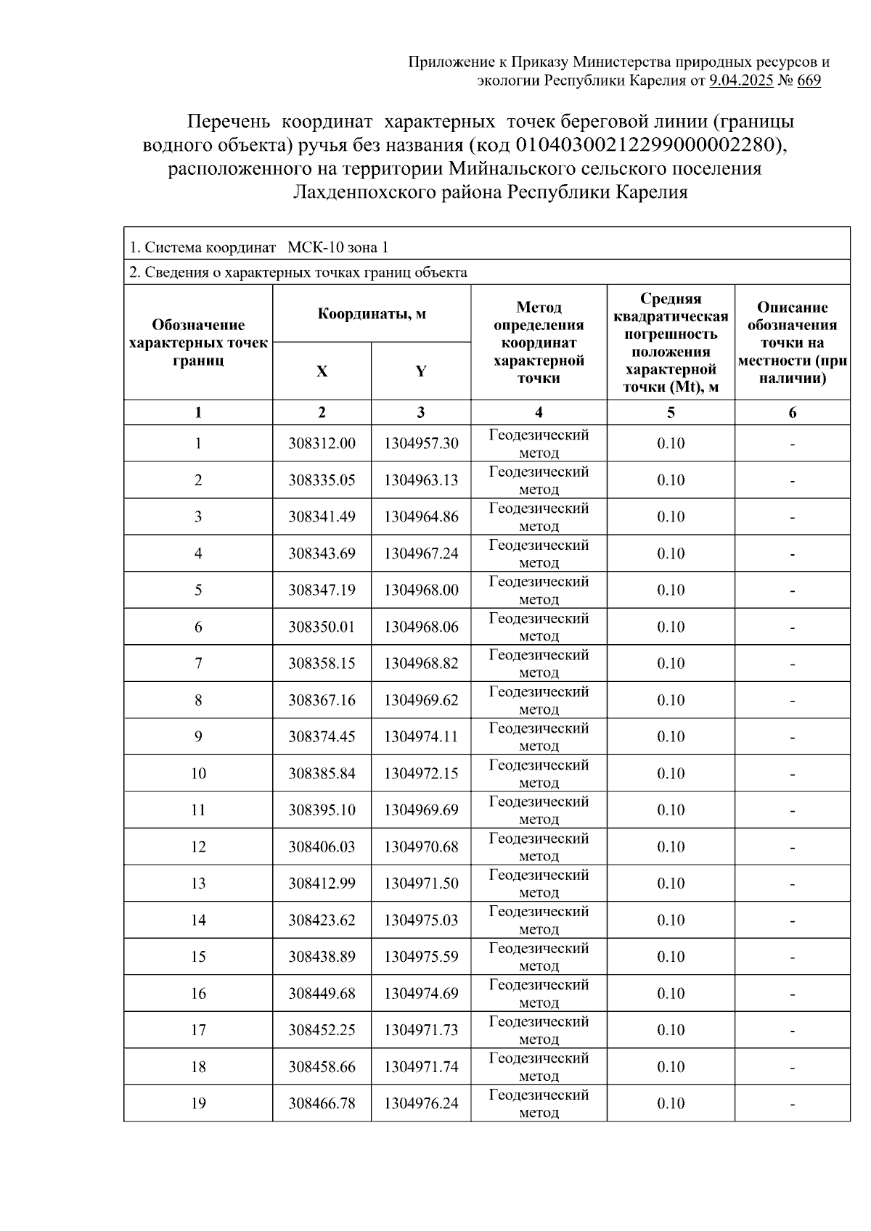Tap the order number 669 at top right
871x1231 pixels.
point(809,81)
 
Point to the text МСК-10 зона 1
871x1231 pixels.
point(338,247)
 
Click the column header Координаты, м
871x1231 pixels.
point(372,314)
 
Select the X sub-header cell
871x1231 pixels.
point(322,371)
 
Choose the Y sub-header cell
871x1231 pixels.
point(421,371)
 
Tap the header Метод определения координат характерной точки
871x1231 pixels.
point(539,342)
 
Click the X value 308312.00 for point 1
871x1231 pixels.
point(322,443)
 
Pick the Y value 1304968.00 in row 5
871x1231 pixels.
point(421,590)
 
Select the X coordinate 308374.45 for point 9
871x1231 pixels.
point(322,737)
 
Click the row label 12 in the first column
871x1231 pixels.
point(198,847)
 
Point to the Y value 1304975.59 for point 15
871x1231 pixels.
point(421,957)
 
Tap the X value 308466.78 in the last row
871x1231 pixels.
point(322,1103)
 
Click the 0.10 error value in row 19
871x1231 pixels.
point(671,1103)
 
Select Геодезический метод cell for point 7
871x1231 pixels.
point(539,663)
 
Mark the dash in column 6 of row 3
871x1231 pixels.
point(793,517)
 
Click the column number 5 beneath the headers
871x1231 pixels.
point(671,413)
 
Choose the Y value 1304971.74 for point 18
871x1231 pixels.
point(421,1067)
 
